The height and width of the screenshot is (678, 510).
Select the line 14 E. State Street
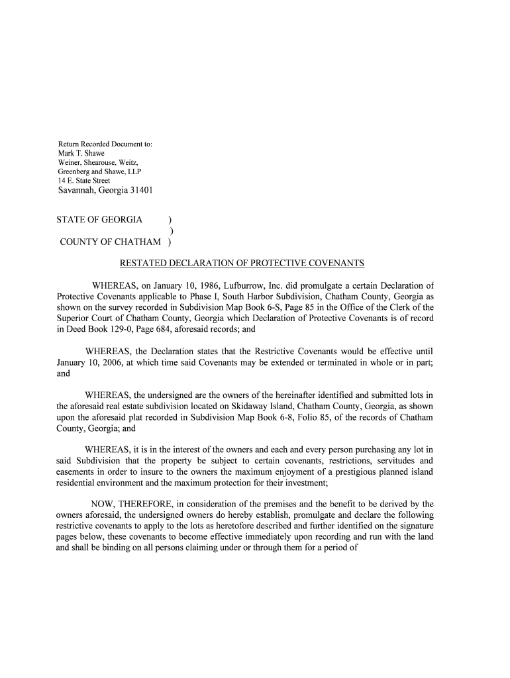tap(83, 180)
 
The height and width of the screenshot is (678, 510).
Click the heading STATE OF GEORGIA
tap(99, 220)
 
